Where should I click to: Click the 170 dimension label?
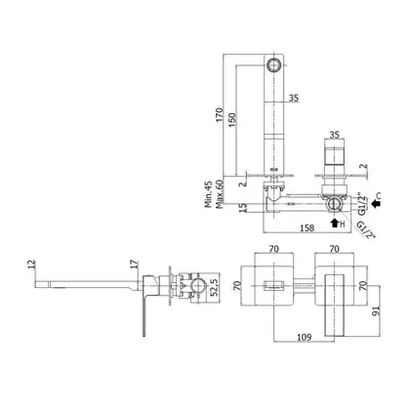click(x=219, y=114)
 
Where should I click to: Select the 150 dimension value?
click(x=231, y=119)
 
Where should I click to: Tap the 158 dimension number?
click(x=307, y=227)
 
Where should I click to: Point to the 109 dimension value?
click(x=305, y=337)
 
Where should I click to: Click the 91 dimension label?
click(x=376, y=310)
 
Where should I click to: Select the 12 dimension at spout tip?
click(x=31, y=264)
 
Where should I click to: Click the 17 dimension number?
click(x=135, y=264)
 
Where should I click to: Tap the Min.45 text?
click(x=208, y=194)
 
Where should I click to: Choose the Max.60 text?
click(x=220, y=194)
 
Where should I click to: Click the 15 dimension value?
click(x=242, y=208)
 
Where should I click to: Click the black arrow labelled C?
click(x=376, y=204)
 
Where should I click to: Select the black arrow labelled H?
click(x=334, y=224)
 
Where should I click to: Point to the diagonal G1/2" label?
click(x=366, y=230)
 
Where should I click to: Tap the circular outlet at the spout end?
click(x=273, y=63)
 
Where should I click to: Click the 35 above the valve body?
click(x=334, y=135)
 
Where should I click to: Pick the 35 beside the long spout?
click(x=294, y=98)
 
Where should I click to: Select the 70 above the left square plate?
click(x=274, y=249)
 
